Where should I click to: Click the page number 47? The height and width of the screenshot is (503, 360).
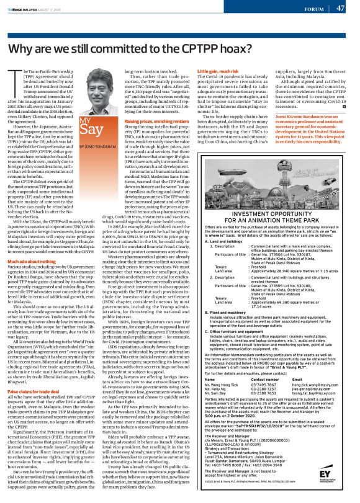pos(341,8)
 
